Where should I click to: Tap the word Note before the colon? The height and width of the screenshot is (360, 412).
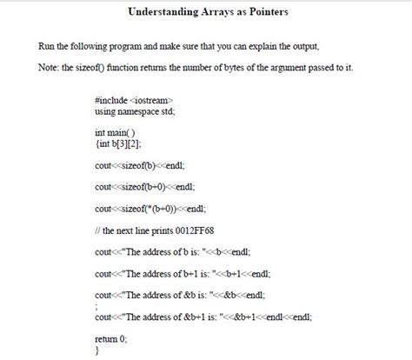(48, 68)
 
